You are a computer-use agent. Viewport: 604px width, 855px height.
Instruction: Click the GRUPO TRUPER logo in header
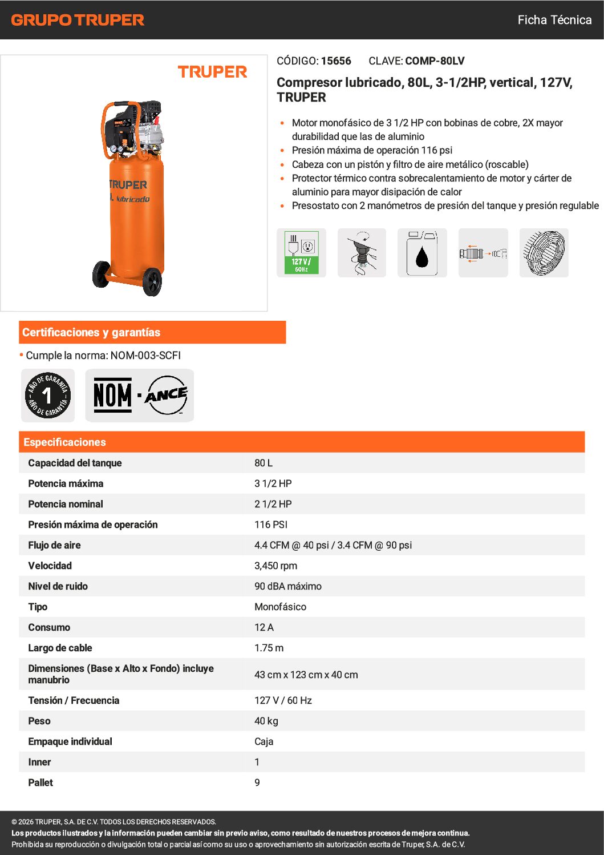coord(78,20)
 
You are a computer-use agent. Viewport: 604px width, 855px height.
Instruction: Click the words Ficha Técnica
coord(554,20)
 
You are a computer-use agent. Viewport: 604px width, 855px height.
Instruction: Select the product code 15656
coord(336,61)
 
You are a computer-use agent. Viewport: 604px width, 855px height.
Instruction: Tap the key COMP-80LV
coord(435,61)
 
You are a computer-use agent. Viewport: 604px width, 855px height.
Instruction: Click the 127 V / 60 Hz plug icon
coord(301,253)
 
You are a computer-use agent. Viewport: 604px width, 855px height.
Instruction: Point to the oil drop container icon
coord(422,253)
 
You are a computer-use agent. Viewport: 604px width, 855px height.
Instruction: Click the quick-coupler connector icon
coord(483,253)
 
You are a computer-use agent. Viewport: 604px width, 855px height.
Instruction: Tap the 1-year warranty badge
coord(48,395)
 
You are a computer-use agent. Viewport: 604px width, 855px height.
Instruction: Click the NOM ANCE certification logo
coord(140,395)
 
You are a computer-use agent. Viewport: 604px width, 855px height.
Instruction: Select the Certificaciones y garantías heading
coord(91,332)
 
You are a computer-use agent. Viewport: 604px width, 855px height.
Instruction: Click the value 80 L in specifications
coord(264,463)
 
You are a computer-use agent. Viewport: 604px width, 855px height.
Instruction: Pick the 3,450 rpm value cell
coord(275,566)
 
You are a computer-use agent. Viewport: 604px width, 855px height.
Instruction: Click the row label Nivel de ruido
coord(58,586)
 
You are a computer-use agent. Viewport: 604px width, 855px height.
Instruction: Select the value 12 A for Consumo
coord(264,627)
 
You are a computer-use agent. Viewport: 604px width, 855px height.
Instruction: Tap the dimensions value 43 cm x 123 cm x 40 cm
coord(306,675)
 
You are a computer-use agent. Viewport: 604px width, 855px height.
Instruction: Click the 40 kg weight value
coord(266,721)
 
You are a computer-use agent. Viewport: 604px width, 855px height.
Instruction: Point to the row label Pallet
coord(40,783)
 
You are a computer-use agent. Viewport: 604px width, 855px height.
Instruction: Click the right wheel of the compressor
coord(152,281)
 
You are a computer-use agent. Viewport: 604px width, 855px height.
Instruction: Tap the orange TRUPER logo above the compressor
coord(212,72)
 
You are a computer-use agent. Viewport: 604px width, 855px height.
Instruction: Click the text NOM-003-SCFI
coord(145,356)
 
